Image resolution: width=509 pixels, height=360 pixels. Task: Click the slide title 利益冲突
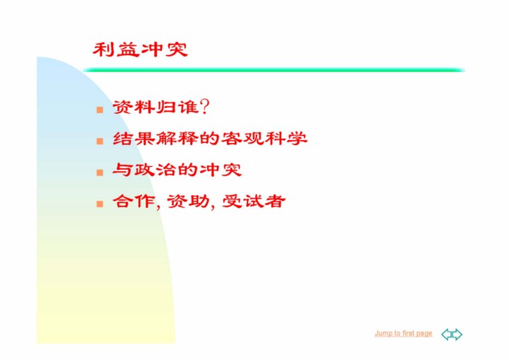coord(140,50)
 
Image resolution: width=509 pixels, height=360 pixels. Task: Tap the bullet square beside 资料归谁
coord(100,110)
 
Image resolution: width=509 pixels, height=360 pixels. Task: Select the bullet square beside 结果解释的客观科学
coord(100,141)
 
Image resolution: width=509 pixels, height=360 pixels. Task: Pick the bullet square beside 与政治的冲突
coord(100,172)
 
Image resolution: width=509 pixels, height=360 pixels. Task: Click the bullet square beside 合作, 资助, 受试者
coord(100,204)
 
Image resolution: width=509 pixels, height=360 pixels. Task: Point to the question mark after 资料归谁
coord(205,107)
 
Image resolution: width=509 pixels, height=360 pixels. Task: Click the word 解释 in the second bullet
coord(177,139)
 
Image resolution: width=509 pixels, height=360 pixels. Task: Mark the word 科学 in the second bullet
coord(286,139)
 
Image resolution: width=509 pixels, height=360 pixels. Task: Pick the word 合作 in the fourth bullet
coord(134,201)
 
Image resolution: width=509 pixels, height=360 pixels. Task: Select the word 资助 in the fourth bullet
coord(188,201)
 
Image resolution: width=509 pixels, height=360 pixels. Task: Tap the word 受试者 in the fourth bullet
coord(254,201)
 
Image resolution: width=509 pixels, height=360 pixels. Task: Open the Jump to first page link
coord(404,333)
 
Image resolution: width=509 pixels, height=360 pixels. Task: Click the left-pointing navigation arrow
coord(446,334)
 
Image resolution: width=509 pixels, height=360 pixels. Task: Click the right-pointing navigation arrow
coord(457,334)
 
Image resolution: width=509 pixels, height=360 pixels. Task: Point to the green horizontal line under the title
coord(274,70)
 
